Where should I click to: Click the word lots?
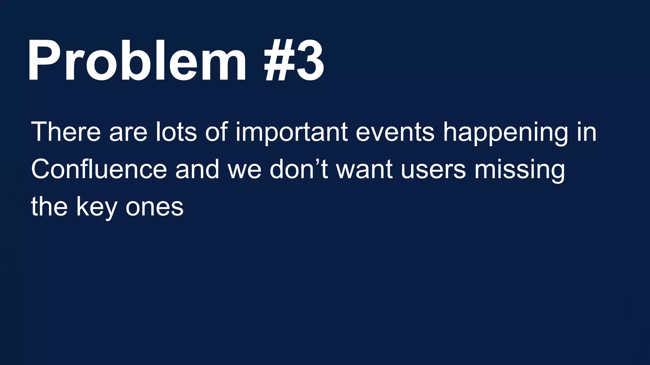(176, 131)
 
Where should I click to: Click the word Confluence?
(99, 169)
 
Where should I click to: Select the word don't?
(299, 169)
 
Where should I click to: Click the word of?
(216, 131)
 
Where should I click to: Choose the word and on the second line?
(197, 169)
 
